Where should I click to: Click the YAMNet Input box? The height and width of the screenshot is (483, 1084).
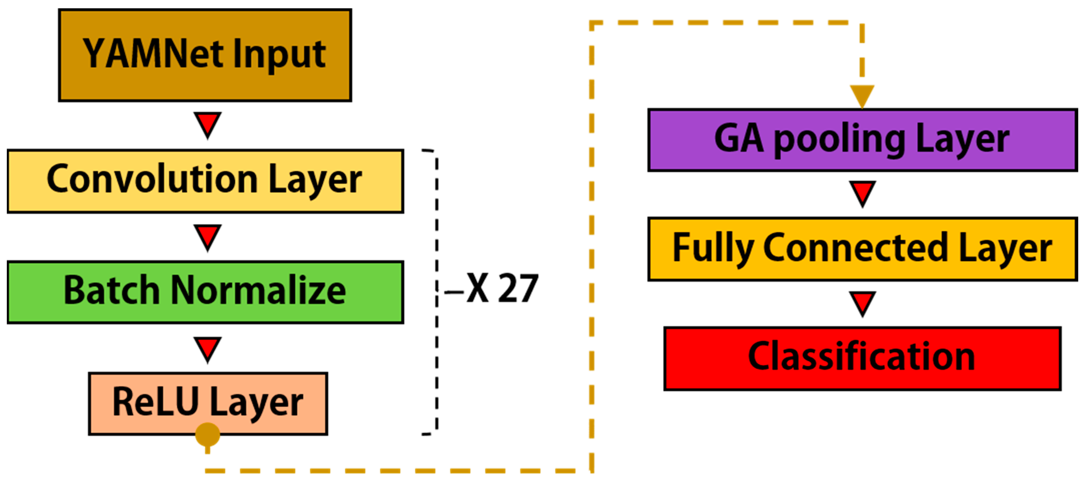coord(205,55)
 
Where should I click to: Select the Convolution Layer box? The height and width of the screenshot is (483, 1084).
coord(205,181)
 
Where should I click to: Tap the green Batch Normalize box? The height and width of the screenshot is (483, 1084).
coord(205,292)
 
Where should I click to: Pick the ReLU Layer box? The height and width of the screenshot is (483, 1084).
coord(208,403)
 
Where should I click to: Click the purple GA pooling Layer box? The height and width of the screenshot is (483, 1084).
coord(862,140)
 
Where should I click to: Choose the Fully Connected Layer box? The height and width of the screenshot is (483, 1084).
coord(862,249)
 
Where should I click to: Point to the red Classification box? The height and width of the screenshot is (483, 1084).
coord(862,358)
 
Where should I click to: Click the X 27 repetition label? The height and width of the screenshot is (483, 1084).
coord(502,289)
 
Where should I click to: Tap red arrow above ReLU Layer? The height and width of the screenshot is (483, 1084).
coord(207,348)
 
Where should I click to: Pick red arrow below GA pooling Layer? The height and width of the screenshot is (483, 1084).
coord(862,193)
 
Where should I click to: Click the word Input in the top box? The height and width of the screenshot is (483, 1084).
coord(279,55)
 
